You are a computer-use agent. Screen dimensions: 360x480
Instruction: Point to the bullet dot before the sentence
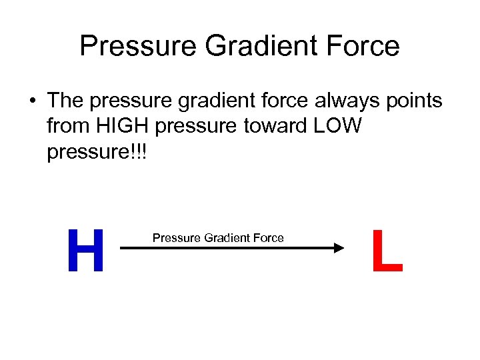(32, 101)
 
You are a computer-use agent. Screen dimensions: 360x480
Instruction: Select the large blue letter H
(86, 251)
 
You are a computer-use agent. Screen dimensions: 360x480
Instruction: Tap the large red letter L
(387, 251)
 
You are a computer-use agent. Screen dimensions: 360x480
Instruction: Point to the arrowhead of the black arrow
(337, 248)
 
